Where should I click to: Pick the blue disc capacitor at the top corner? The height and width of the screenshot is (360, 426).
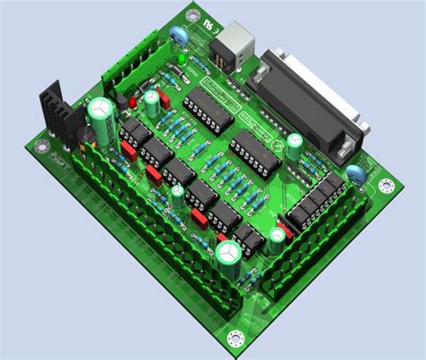coord(179,35)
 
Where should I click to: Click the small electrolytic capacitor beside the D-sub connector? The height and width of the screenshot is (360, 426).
coord(293,145)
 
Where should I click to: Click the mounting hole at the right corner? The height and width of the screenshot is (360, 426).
coord(386,186)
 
